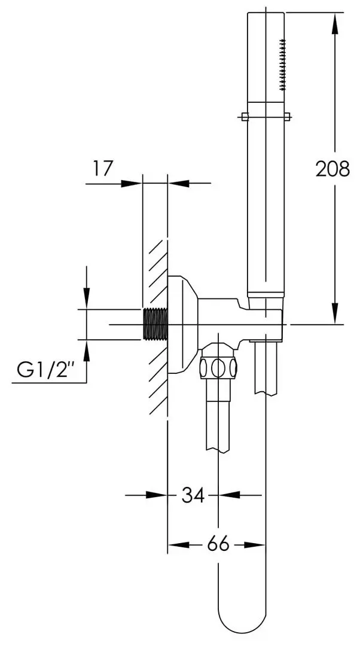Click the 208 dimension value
(332, 169)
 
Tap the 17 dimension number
(102, 168)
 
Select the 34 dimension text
(193, 495)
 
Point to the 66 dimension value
(218, 545)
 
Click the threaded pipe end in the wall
(155, 324)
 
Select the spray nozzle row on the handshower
(283, 65)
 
